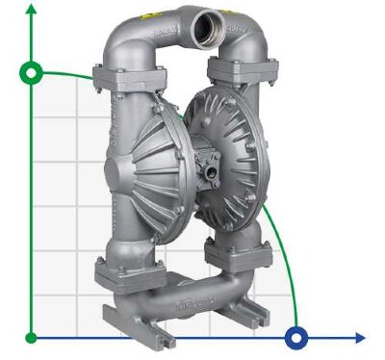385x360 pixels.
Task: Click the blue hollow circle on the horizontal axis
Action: pos(296,337)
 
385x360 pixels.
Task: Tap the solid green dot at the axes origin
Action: pos(32,337)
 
